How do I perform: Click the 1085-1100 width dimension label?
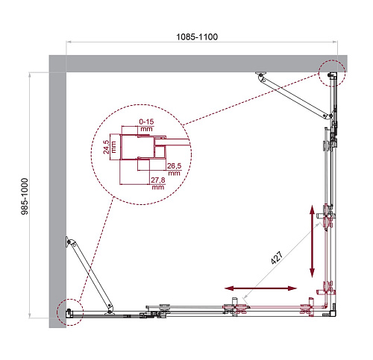(197, 37)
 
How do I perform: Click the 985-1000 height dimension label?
(25, 196)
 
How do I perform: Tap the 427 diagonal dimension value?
(277, 258)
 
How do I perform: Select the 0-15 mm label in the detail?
(146, 125)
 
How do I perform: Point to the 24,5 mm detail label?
(110, 147)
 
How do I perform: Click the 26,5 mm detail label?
(174, 169)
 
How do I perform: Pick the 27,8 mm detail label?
(158, 183)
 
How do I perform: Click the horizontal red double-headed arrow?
(260, 288)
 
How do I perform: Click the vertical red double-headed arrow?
(312, 241)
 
